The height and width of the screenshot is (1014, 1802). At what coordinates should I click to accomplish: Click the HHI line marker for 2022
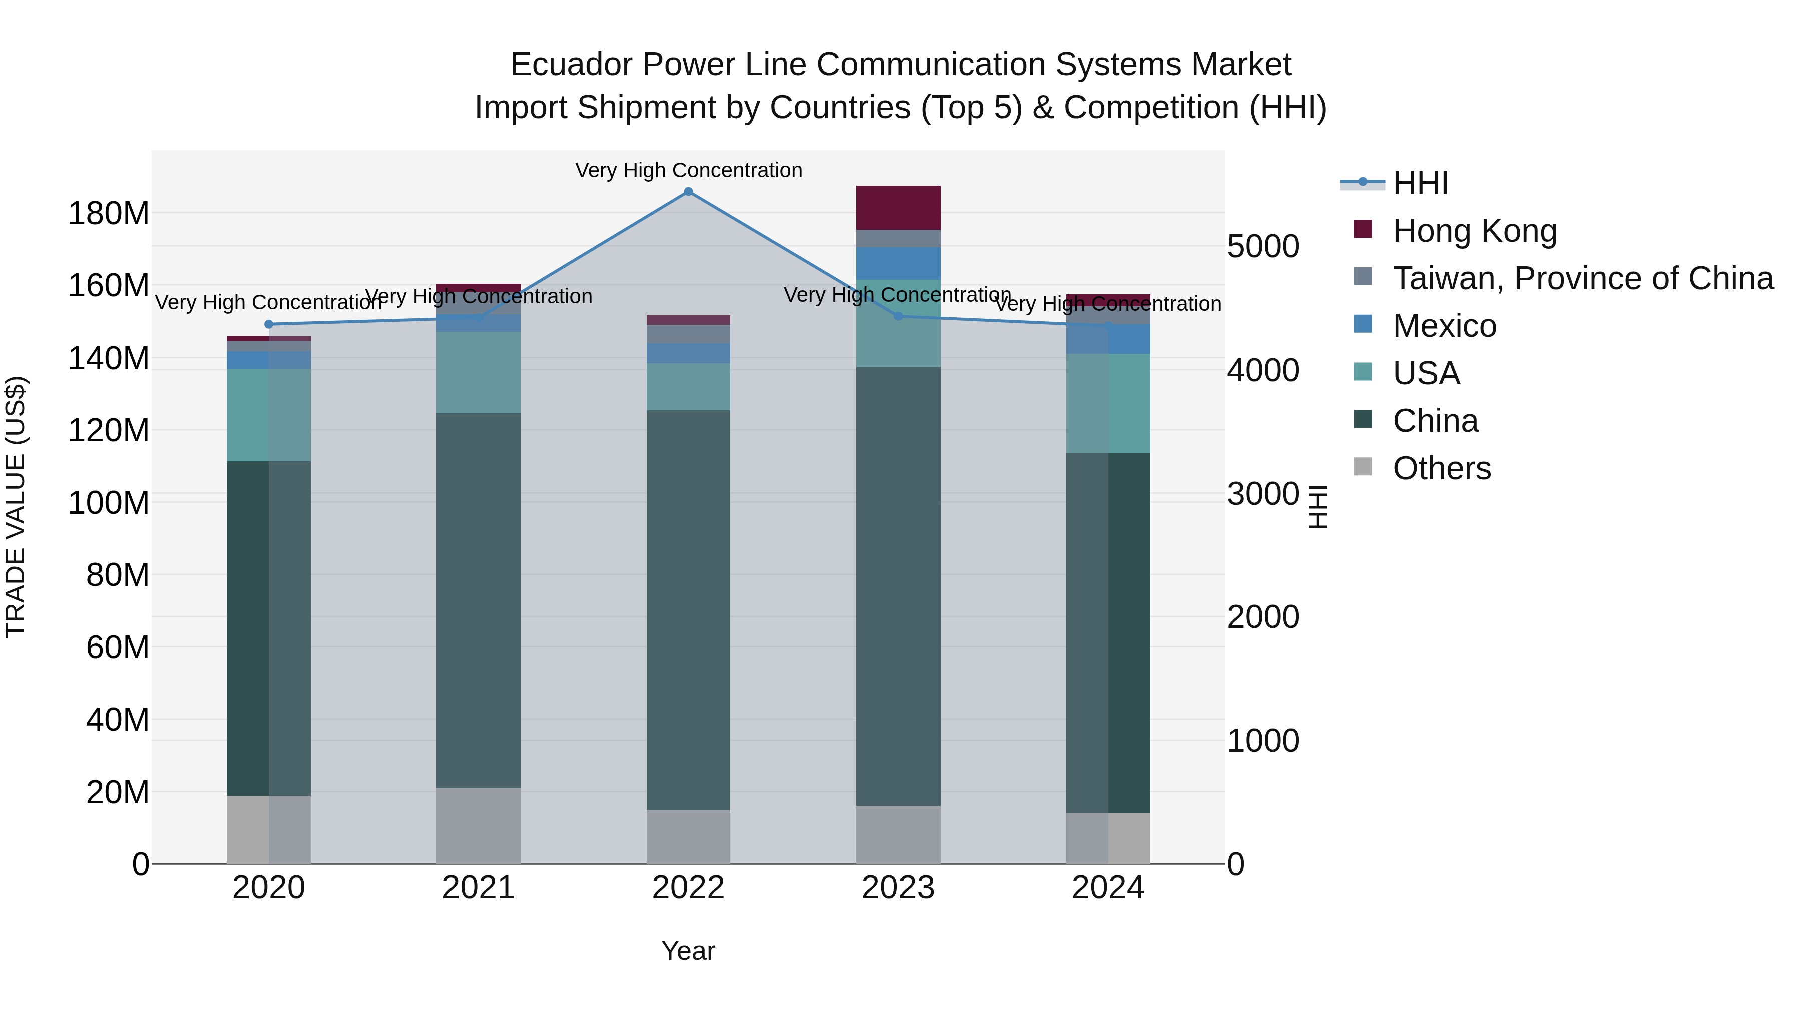(688, 192)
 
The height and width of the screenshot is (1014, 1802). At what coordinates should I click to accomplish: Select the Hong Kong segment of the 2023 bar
(898, 208)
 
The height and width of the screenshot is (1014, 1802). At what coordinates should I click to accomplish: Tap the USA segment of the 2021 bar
(479, 372)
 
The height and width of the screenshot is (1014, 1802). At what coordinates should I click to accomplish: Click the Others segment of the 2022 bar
(688, 836)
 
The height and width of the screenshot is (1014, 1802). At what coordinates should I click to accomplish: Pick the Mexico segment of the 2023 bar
(898, 264)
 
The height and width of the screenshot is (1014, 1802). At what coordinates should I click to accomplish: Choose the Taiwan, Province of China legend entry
(1582, 278)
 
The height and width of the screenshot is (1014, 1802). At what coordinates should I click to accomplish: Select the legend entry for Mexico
(1444, 326)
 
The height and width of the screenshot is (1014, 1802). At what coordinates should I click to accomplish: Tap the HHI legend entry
(1420, 183)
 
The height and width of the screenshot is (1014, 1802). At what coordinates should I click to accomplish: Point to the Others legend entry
(1441, 468)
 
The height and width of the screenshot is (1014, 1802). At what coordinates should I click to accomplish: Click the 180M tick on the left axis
(109, 213)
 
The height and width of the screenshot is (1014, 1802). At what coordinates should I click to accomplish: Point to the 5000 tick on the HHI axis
(1263, 246)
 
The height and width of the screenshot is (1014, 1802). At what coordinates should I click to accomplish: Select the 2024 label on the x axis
(1108, 888)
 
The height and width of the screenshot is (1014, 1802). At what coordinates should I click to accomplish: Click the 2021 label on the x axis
(479, 888)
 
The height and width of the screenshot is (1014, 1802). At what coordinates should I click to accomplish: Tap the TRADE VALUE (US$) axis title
(16, 507)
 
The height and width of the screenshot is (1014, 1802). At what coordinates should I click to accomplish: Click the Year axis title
(688, 951)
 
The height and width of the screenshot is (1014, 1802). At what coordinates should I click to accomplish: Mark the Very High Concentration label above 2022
(688, 170)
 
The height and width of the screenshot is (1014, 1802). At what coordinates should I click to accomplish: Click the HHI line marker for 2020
(269, 324)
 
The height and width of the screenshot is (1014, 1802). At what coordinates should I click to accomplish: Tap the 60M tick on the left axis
(118, 647)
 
